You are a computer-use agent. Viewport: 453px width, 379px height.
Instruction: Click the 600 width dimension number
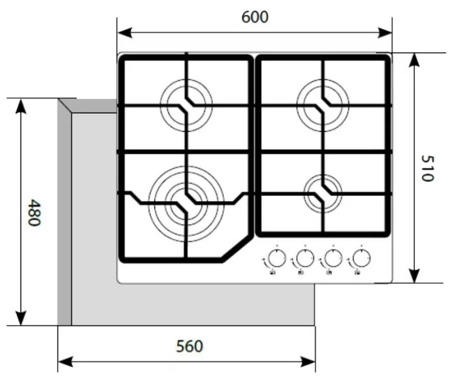pyautogui.click(x=255, y=17)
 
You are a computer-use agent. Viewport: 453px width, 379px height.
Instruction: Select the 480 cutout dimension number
pyautogui.click(x=34, y=212)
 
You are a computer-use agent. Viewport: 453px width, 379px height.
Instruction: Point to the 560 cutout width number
pyautogui.click(x=189, y=346)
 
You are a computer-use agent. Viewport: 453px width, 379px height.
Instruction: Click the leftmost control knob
pyautogui.click(x=277, y=258)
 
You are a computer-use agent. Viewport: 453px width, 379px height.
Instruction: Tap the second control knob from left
pyautogui.click(x=305, y=258)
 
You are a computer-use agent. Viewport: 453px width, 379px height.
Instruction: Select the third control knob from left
pyautogui.click(x=333, y=258)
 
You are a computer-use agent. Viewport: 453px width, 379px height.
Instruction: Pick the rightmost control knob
pyautogui.click(x=361, y=258)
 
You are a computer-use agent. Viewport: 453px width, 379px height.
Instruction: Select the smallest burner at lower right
pyautogui.click(x=323, y=193)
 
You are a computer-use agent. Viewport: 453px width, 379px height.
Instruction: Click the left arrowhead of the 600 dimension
pyautogui.click(x=125, y=33)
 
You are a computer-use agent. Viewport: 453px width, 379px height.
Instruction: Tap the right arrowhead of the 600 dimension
pyautogui.click(x=385, y=33)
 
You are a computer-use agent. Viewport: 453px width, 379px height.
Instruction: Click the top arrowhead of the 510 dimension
pyautogui.click(x=414, y=61)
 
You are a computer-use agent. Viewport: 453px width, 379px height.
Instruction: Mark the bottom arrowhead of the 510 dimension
pyautogui.click(x=414, y=276)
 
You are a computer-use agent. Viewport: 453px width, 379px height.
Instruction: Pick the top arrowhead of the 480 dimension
pyautogui.click(x=21, y=106)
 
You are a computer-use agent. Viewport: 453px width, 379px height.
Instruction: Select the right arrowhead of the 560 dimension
pyautogui.click(x=308, y=362)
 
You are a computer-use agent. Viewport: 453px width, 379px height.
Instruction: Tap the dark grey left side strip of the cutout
pyautogui.click(x=65, y=213)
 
